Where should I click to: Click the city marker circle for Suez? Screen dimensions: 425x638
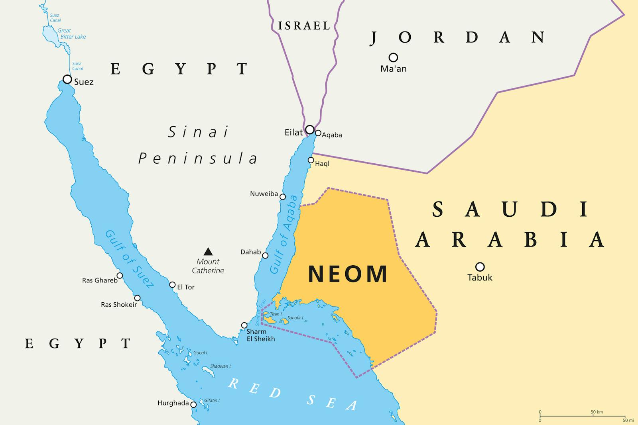(67, 79)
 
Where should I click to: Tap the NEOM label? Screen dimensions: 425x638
(348, 274)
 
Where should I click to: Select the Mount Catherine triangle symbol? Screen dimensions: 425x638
(208, 251)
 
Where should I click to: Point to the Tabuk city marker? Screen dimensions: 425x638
(480, 266)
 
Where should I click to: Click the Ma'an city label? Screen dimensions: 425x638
(393, 69)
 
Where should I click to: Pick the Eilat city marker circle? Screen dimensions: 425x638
(310, 129)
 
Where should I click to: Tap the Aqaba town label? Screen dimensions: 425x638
(332, 135)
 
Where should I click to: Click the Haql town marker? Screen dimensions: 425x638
(311, 160)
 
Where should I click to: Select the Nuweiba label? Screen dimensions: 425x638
(264, 194)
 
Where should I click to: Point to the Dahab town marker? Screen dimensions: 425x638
(265, 255)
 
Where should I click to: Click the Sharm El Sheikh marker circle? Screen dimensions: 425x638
(244, 325)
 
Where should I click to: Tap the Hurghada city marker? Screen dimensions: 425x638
(193, 405)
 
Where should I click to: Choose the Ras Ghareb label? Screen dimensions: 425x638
(100, 280)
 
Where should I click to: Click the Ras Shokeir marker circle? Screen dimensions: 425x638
(137, 298)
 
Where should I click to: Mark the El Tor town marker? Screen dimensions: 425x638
(172, 285)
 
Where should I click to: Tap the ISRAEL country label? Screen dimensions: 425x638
(304, 26)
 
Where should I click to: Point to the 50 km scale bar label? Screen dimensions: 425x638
(597, 412)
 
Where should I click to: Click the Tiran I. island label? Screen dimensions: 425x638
(276, 314)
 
